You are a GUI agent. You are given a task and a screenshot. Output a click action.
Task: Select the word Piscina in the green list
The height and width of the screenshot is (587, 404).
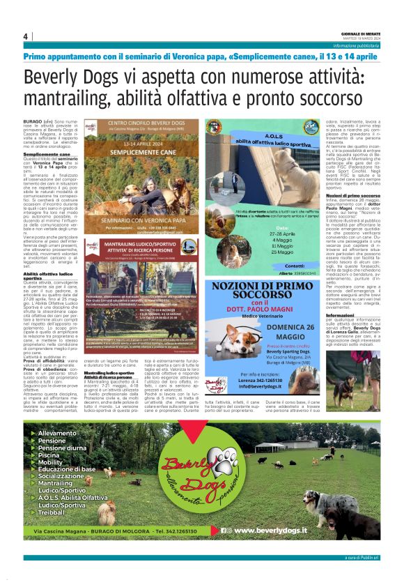52,455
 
